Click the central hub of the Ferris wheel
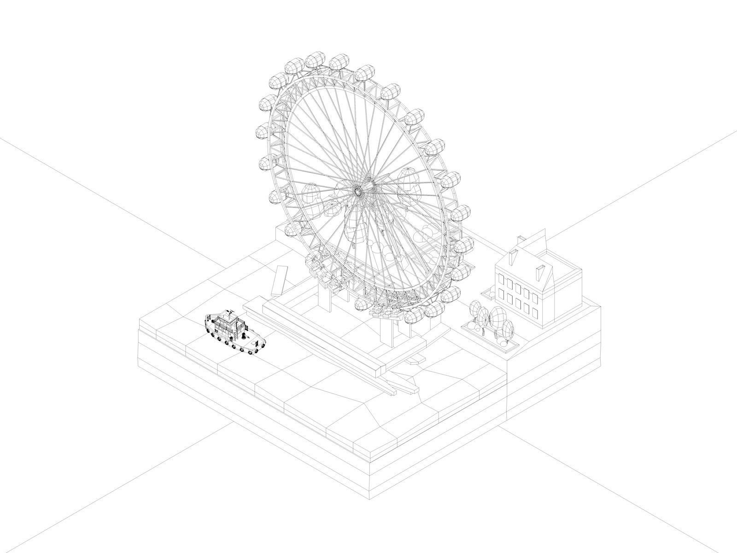357,190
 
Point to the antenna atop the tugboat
229,312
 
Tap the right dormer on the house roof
539,272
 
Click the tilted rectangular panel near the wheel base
280,280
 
